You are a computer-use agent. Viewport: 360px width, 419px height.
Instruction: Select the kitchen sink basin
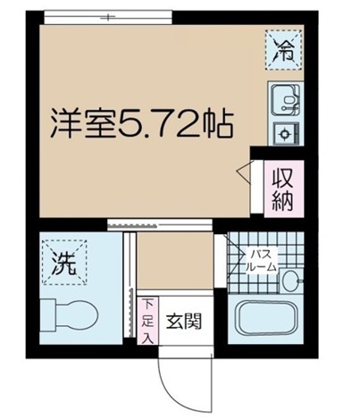[284, 96]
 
